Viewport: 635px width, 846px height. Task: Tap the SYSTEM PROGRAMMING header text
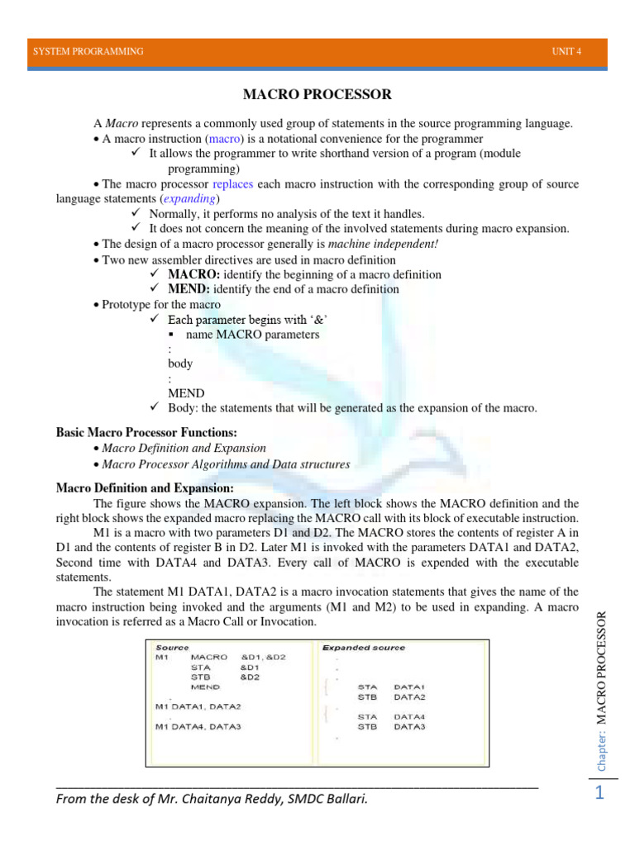(x=88, y=51)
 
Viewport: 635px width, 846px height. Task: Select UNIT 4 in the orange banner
(x=567, y=51)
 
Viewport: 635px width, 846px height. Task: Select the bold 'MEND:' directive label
(x=189, y=289)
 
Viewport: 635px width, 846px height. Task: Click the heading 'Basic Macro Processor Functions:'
(x=146, y=432)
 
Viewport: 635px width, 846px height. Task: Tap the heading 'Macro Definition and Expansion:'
(x=145, y=488)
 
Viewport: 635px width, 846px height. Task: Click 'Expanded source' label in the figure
(x=364, y=648)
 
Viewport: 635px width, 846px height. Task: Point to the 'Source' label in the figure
(x=172, y=648)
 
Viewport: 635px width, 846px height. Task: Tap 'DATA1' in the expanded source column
(x=409, y=687)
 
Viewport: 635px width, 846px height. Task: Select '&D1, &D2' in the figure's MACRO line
(x=263, y=657)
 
